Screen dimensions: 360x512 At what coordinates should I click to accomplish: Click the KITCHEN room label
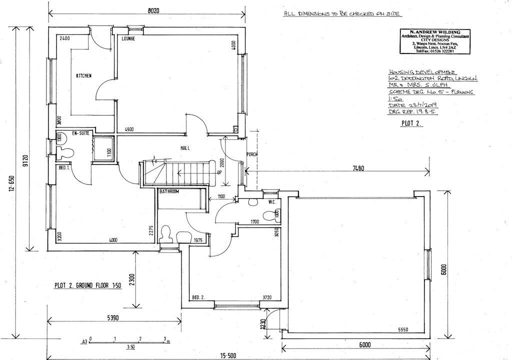pyautogui.click(x=83, y=75)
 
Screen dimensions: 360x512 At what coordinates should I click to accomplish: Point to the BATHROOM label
pyautogui.click(x=169, y=192)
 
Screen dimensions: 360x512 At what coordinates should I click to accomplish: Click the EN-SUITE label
pyautogui.click(x=80, y=133)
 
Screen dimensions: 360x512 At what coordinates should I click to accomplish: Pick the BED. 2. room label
pyautogui.click(x=199, y=298)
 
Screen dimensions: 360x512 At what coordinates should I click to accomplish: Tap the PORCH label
pyautogui.click(x=252, y=154)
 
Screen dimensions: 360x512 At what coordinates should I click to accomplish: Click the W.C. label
pyautogui.click(x=272, y=202)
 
